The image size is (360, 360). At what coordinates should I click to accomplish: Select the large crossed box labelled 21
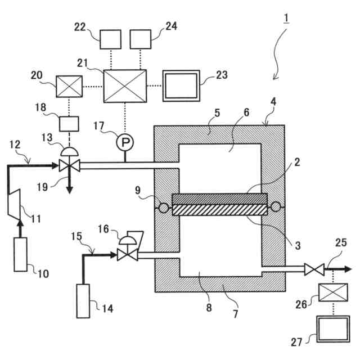[x=124, y=85]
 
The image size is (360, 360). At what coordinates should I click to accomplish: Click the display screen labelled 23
[x=181, y=86]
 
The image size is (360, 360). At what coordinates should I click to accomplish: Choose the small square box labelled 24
[x=141, y=39]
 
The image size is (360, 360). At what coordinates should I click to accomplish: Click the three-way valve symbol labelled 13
[x=69, y=165]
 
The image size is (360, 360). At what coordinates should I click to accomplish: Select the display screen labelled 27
[x=332, y=328]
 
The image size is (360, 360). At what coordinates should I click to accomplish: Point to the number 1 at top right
[x=286, y=18]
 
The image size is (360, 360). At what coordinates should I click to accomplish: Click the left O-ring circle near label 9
[x=164, y=208]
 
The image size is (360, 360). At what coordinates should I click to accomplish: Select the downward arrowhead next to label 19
[x=69, y=190]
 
